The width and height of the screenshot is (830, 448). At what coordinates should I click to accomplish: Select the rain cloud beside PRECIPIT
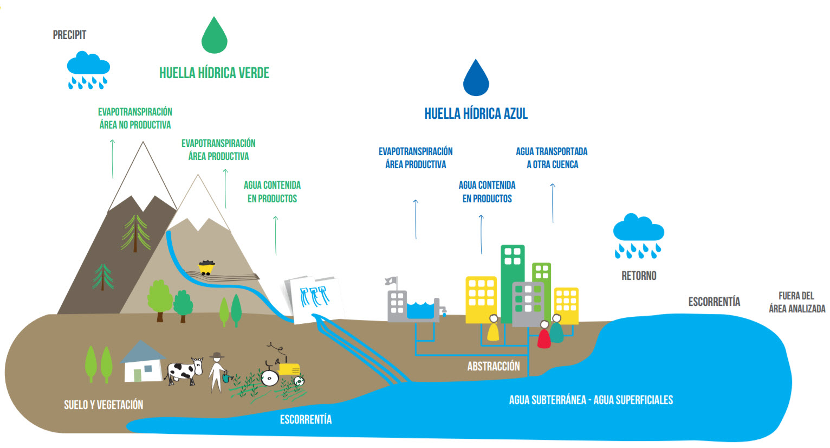pyautogui.click(x=88, y=70)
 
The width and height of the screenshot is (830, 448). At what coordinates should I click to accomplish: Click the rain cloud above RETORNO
pyautogui.click(x=638, y=236)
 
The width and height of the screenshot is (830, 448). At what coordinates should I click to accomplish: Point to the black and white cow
pyautogui.click(x=185, y=371)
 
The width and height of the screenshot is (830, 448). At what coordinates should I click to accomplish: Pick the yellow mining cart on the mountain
pyautogui.click(x=206, y=267)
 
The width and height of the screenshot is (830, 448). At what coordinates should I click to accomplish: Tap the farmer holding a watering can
pyautogui.click(x=219, y=372)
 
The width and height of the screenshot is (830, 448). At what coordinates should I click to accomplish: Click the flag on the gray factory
pyautogui.click(x=391, y=281)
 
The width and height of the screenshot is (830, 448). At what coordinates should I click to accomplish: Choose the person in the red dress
pyautogui.click(x=543, y=335)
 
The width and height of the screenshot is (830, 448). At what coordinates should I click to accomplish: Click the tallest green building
pyautogui.click(x=513, y=284)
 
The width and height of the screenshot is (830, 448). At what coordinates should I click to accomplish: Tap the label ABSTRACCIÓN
pyautogui.click(x=494, y=367)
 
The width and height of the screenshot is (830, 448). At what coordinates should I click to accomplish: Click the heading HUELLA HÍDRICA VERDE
pyautogui.click(x=214, y=73)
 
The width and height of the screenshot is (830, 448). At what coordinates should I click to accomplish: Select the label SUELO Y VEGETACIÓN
pyautogui.click(x=103, y=405)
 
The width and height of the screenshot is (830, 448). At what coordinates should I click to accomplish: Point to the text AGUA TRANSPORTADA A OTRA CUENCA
pyautogui.click(x=552, y=158)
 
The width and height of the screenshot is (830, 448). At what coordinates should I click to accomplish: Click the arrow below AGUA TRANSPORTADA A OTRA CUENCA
pyautogui.click(x=553, y=203)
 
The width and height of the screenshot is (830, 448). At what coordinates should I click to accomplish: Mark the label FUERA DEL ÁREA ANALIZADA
pyautogui.click(x=796, y=302)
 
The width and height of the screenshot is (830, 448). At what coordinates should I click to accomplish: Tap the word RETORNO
pyautogui.click(x=639, y=276)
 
